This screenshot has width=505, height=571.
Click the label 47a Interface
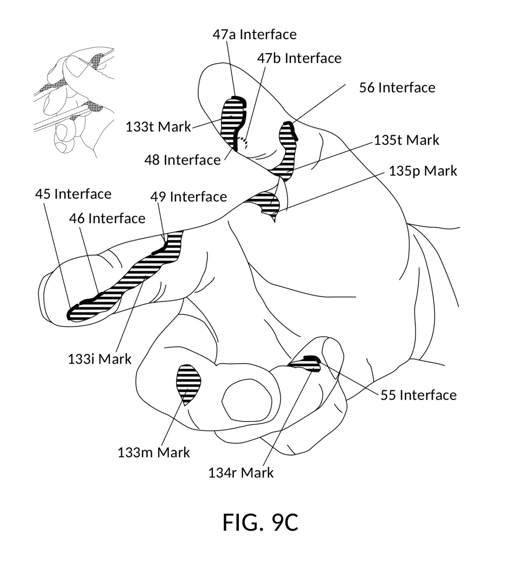pyautogui.click(x=255, y=35)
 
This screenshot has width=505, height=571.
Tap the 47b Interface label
pyautogui.click(x=299, y=58)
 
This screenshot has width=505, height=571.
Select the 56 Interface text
pyautogui.click(x=397, y=88)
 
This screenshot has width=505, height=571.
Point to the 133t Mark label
pyautogui.click(x=158, y=127)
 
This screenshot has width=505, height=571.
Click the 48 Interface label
pyautogui.click(x=182, y=160)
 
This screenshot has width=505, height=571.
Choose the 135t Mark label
pyautogui.click(x=406, y=140)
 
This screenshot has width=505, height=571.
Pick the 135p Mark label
pyautogui.click(x=423, y=171)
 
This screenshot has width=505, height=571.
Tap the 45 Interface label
pyautogui.click(x=73, y=194)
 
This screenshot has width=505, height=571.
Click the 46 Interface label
pyautogui.click(x=107, y=219)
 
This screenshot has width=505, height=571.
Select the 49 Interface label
pyautogui.click(x=188, y=197)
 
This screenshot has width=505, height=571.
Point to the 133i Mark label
pyautogui.click(x=100, y=359)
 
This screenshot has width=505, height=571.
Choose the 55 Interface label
pyautogui.click(x=418, y=395)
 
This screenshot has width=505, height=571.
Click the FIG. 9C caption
pyautogui.click(x=260, y=523)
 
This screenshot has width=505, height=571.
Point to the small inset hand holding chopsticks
pyautogui.click(x=74, y=101)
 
